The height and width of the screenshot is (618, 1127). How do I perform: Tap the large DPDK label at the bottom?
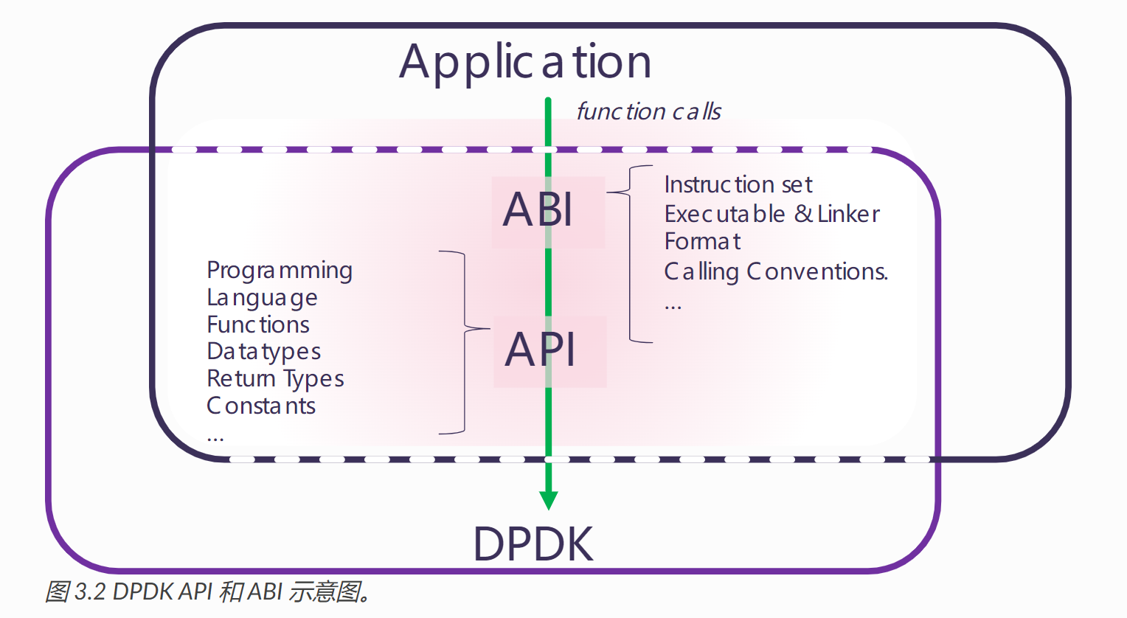tap(533, 544)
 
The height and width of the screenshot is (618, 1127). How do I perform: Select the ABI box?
tap(548, 212)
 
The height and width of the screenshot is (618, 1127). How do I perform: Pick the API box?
tap(550, 351)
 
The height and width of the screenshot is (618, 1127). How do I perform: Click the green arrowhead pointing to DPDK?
tap(549, 500)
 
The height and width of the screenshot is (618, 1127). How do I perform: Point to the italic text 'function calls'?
tap(648, 111)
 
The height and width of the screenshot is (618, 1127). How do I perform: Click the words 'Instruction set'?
tap(738, 184)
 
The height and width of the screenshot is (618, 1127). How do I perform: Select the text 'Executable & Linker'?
tap(771, 215)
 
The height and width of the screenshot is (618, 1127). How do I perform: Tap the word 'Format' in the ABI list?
tap(702, 242)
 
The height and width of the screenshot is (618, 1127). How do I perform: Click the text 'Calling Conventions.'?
tap(776, 272)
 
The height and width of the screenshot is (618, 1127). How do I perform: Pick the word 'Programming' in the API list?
tap(280, 271)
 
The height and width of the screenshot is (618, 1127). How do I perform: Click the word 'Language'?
tap(262, 299)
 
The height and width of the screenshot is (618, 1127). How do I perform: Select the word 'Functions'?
tap(258, 324)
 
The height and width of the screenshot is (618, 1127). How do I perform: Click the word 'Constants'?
tap(261, 406)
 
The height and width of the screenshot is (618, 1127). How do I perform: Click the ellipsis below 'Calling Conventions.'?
tap(673, 307)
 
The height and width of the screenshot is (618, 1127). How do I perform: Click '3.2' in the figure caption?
tap(90, 592)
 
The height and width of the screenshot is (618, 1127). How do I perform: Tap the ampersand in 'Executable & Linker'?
tap(803, 214)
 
